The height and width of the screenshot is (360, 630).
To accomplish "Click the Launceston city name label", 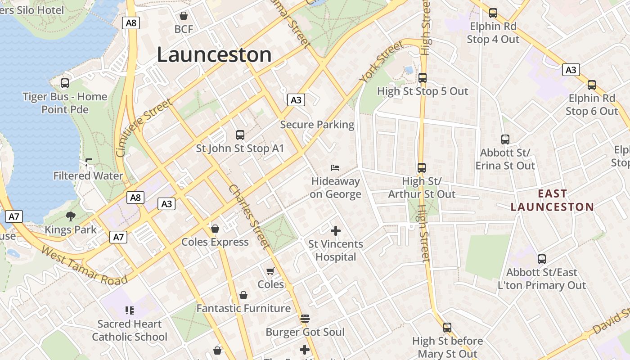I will pyautogui.click(x=214, y=54).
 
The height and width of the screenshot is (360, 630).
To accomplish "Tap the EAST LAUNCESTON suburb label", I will pyautogui.click(x=553, y=200).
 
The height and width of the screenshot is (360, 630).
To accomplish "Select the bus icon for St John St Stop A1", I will pyautogui.click(x=240, y=135).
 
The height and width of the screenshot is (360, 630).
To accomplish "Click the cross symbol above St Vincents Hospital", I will pyautogui.click(x=336, y=231).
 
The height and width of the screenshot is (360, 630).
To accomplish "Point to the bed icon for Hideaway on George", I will pyautogui.click(x=335, y=168).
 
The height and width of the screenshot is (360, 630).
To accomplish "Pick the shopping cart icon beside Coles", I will pyautogui.click(x=270, y=271).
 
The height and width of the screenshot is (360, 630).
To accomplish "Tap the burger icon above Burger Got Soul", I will pyautogui.click(x=305, y=319).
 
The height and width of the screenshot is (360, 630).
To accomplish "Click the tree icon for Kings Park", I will pyautogui.click(x=71, y=216).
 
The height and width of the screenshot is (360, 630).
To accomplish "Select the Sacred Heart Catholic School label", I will pyautogui.click(x=130, y=330).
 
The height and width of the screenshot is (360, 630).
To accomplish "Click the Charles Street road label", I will pyautogui.click(x=249, y=216).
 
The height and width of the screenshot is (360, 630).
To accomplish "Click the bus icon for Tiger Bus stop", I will pyautogui.click(x=65, y=83).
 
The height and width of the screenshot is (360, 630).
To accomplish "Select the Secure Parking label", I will pyautogui.click(x=317, y=125).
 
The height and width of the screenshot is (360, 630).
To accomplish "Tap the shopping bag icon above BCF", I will pyautogui.click(x=184, y=16).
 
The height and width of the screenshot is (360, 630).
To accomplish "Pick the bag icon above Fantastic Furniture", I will pyautogui.click(x=243, y=295).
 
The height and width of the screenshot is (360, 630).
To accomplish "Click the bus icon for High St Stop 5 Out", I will pyautogui.click(x=422, y=78).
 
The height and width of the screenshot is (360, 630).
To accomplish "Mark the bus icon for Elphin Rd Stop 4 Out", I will pyautogui.click(x=493, y=13).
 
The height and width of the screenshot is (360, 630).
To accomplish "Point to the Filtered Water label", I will pyautogui.click(x=88, y=176).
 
